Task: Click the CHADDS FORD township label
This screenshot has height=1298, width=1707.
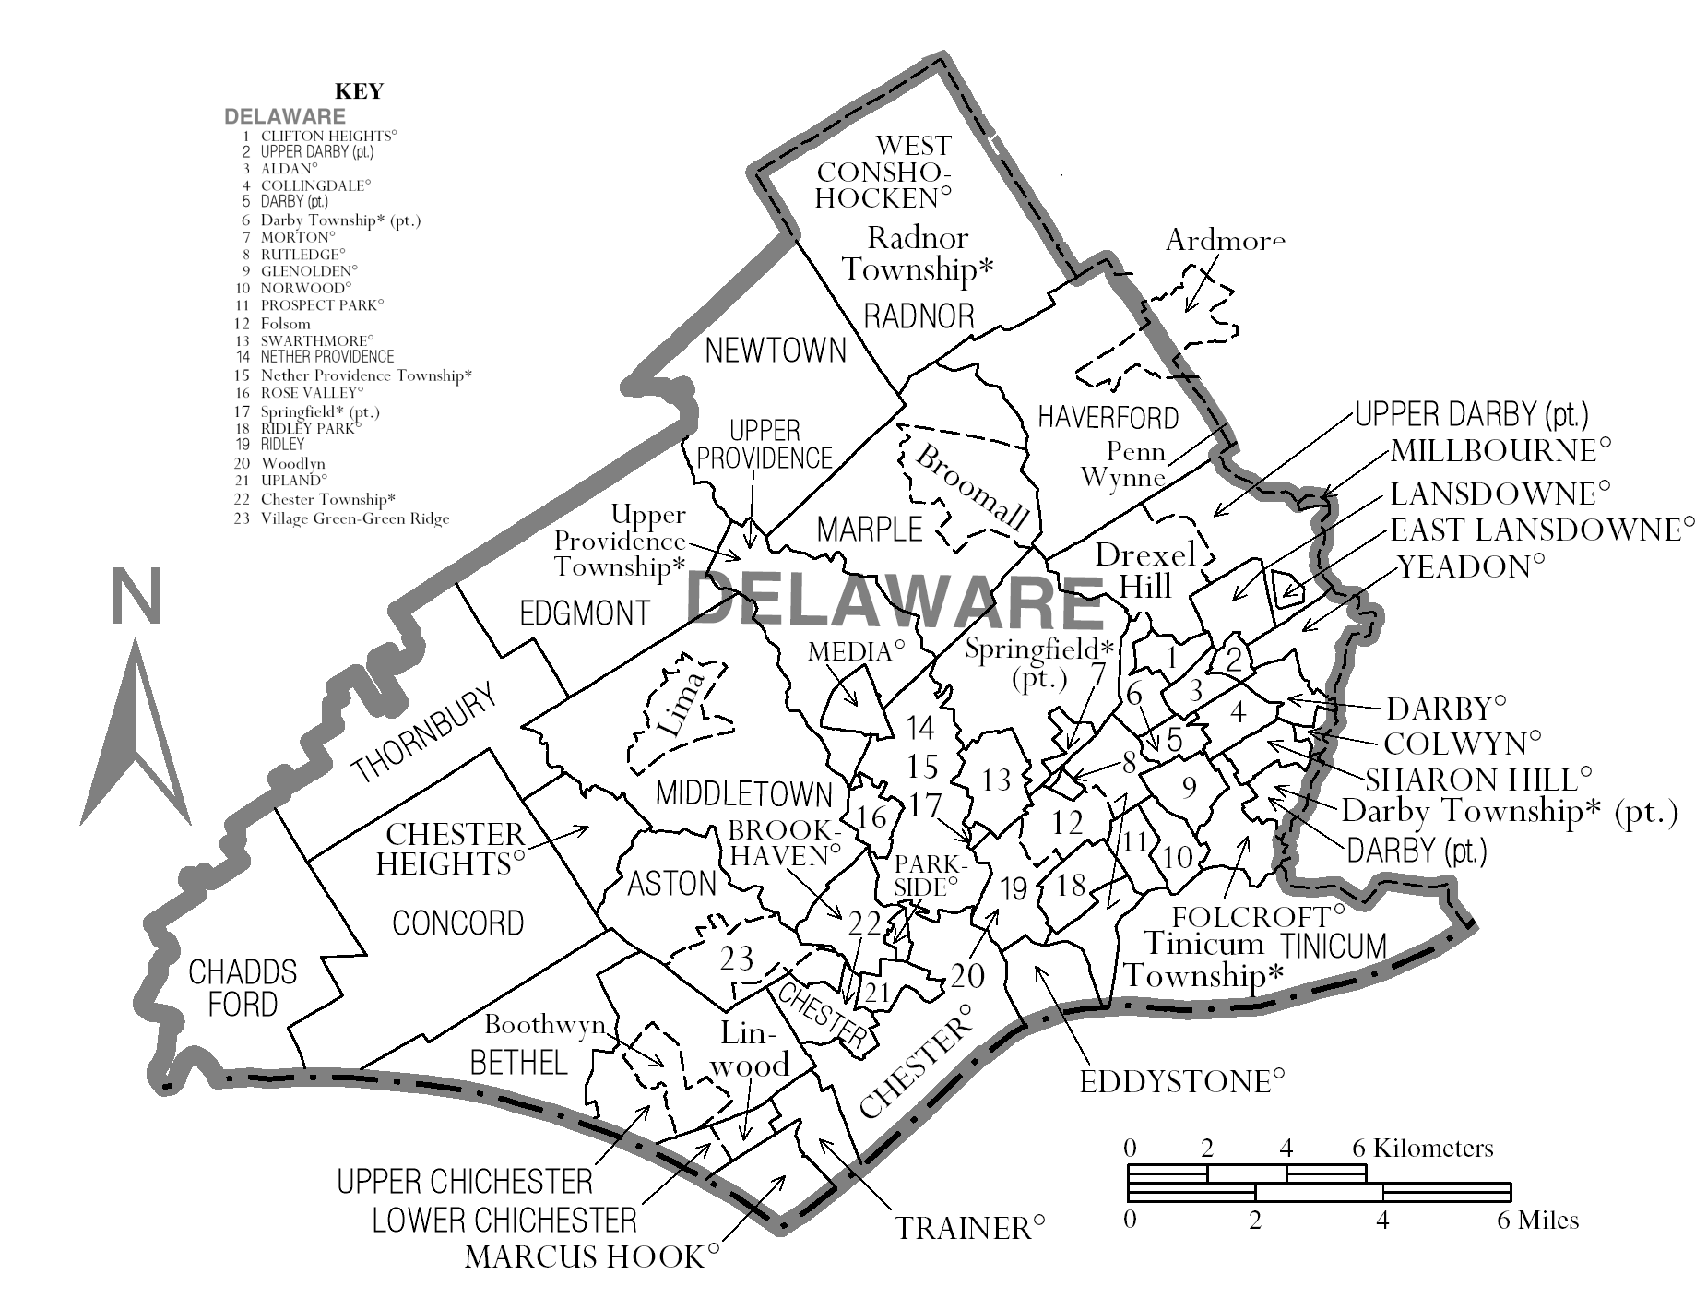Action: (x=243, y=987)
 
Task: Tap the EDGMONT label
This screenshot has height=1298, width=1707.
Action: (x=585, y=613)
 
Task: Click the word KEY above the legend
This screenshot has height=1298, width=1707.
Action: (x=359, y=91)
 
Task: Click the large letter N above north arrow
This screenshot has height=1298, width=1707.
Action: (x=136, y=597)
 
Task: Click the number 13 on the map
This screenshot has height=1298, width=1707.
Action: (x=996, y=780)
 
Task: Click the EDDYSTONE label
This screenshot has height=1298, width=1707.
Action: (x=1181, y=1081)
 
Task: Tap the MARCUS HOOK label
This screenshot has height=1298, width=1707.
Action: (x=592, y=1256)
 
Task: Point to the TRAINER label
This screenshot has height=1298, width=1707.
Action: (x=970, y=1228)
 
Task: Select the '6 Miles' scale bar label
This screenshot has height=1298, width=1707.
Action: (x=1537, y=1221)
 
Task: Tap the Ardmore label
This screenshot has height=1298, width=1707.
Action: (x=1225, y=240)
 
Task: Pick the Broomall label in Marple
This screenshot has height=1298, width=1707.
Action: (x=967, y=486)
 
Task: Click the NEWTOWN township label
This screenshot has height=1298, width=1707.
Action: (x=775, y=351)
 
